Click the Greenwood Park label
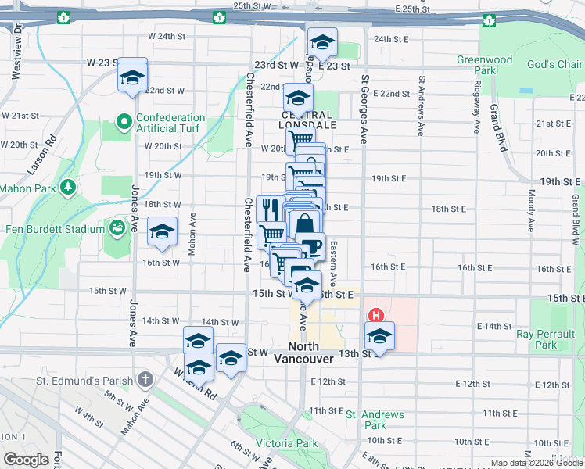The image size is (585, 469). (485, 65)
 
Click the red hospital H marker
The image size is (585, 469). (375, 316)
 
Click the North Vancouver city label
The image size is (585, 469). (303, 353)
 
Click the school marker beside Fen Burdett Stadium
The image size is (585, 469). (162, 231)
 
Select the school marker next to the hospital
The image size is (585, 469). (379, 336)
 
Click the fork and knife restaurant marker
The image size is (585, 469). (269, 209)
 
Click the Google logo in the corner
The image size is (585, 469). (27, 460)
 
